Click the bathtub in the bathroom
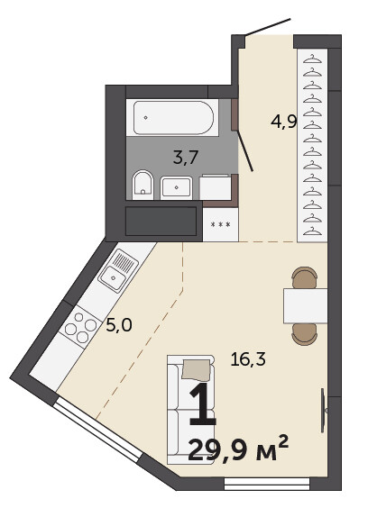(x=172, y=117)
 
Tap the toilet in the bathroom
(x=143, y=185)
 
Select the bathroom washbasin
(x=177, y=188)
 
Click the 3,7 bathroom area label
(x=186, y=158)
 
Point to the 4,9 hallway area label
(x=284, y=122)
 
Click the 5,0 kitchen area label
(x=119, y=325)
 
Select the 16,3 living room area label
(x=248, y=359)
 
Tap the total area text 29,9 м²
(x=238, y=449)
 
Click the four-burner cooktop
(x=80, y=327)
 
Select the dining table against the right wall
(x=306, y=305)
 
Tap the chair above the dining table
(x=305, y=277)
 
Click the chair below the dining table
(x=305, y=334)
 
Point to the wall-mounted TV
(x=324, y=411)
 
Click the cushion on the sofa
(x=197, y=369)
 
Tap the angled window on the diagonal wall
(x=98, y=430)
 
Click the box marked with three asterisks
(x=220, y=225)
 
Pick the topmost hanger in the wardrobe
(x=312, y=59)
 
